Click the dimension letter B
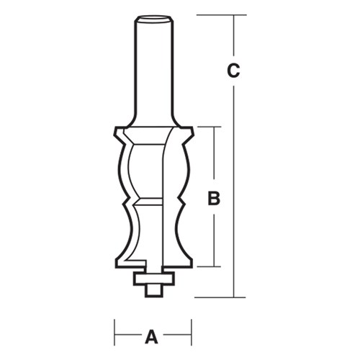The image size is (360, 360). point(213,198)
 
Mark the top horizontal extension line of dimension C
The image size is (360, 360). point(216,14)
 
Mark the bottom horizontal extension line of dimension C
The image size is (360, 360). point(216,297)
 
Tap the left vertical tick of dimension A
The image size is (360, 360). point(114,334)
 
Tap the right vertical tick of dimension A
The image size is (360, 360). point(191,334)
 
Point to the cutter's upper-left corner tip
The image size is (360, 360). point(115,129)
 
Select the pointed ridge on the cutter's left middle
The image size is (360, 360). point(125,199)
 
